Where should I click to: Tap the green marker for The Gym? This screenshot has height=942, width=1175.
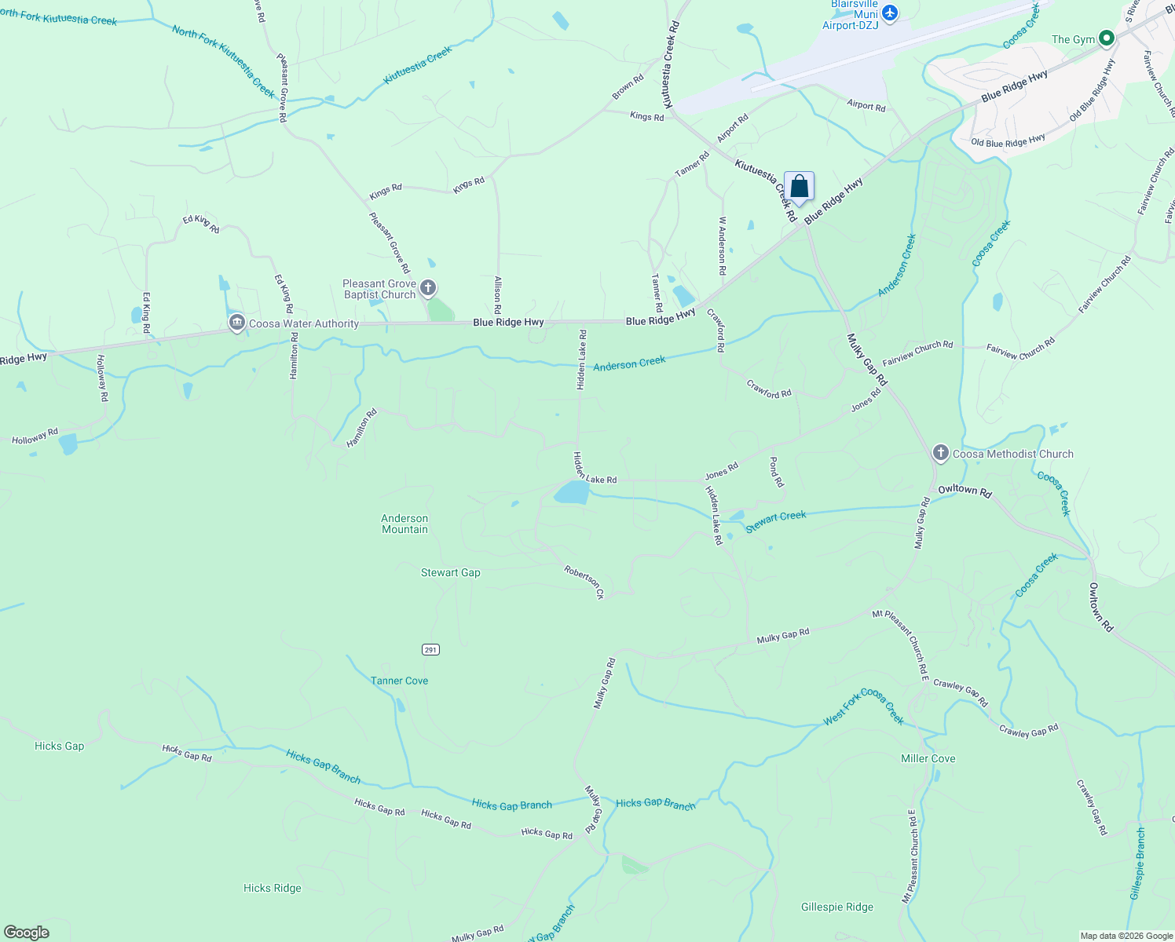[x=1107, y=38]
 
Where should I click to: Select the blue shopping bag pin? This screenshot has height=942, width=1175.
[x=799, y=187]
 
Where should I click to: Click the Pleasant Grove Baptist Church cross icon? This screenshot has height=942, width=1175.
[x=428, y=288]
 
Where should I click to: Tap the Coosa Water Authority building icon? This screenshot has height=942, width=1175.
[x=236, y=323]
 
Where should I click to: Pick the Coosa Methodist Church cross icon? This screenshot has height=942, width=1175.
[x=940, y=453]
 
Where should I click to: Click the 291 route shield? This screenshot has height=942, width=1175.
[x=430, y=649]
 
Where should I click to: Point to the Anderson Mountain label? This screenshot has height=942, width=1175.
[x=404, y=524]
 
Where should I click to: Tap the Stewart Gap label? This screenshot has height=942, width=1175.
[x=450, y=572]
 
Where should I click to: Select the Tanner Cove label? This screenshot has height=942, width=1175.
[x=399, y=681]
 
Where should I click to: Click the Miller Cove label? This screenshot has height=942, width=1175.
[x=928, y=758]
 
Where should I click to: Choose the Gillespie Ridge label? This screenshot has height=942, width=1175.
[x=836, y=907]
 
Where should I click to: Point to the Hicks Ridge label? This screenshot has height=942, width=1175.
[x=272, y=888]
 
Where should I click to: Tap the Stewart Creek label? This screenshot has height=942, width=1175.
[x=776, y=520]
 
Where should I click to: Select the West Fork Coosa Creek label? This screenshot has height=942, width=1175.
[x=864, y=706]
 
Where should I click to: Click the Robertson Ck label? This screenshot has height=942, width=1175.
[x=584, y=582]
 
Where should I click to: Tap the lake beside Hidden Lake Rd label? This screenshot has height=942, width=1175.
[x=572, y=493]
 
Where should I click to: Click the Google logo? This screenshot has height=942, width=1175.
[x=26, y=932]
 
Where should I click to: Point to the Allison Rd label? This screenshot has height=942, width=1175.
[x=498, y=295]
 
